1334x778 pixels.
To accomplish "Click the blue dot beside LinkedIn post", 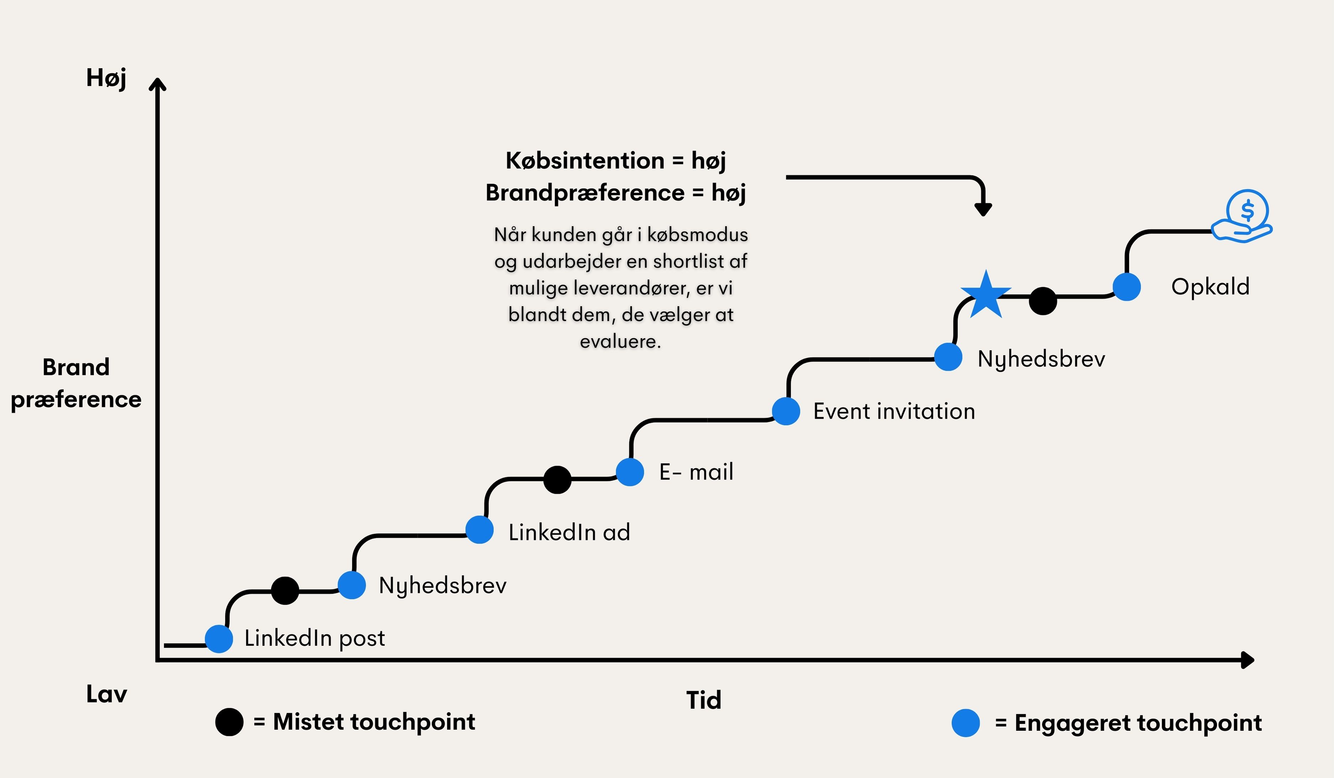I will click(219, 639).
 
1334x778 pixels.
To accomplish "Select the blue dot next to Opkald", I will click(1127, 287).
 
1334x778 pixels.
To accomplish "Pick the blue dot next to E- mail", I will click(630, 472).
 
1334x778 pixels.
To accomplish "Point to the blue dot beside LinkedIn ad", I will click(480, 530).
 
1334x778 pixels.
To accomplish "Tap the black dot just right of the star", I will click(1043, 301).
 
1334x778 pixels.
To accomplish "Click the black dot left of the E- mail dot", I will click(557, 480).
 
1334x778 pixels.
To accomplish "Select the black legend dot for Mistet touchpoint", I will click(229, 722).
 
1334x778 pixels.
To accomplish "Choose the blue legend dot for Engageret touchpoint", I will click(965, 723).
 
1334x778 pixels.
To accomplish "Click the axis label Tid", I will click(704, 700).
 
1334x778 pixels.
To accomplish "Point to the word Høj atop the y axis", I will click(106, 78).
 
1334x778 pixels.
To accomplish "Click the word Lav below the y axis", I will click(106, 694).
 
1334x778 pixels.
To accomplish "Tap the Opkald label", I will click(1210, 287).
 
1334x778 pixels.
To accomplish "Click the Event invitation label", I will click(894, 411).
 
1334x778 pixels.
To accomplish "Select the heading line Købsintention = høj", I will click(616, 160).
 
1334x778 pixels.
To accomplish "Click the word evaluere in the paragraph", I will click(620, 342).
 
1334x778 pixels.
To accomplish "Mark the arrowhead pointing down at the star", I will click(983, 209).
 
